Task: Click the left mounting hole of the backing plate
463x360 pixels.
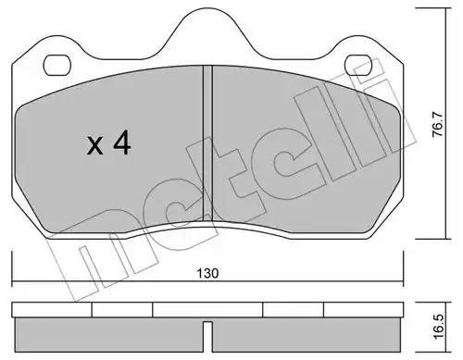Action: coord(57,65)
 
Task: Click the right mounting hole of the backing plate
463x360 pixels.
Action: coord(359,65)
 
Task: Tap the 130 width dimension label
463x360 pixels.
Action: coord(207,273)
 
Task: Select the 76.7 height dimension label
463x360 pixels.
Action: coord(437,124)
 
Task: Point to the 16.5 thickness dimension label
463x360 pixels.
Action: coord(438,327)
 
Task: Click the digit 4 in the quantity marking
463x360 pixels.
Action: coord(122,143)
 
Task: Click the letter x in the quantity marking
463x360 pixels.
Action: coord(94,145)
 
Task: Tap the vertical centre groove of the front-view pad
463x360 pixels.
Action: coord(207,143)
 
